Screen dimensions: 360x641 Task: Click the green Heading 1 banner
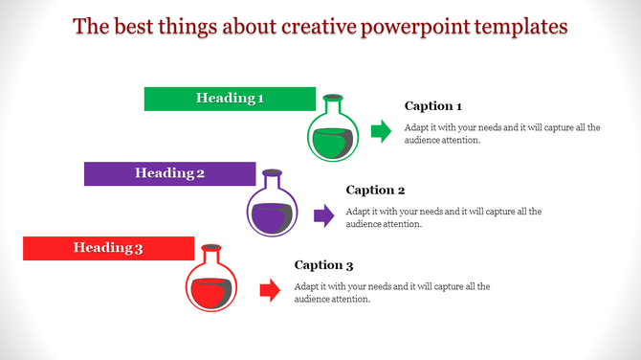tap(230, 99)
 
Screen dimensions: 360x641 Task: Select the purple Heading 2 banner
tap(169, 173)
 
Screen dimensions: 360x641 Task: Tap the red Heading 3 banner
tap(108, 248)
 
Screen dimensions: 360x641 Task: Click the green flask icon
tap(333, 135)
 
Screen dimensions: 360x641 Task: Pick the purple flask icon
tap(273, 210)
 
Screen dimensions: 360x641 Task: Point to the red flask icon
tap(210, 284)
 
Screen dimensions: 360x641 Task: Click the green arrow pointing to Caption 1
tap(381, 132)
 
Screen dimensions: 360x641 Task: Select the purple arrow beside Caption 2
tap(323, 215)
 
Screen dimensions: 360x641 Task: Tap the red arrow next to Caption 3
tap(270, 290)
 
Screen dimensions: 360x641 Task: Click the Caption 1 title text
tap(433, 106)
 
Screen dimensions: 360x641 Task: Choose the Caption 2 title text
tap(376, 190)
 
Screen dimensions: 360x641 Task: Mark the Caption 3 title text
tap(323, 265)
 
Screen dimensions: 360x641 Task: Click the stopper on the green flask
tap(333, 98)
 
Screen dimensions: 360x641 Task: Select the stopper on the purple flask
tap(273, 172)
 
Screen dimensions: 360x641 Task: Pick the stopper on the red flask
tap(210, 247)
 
